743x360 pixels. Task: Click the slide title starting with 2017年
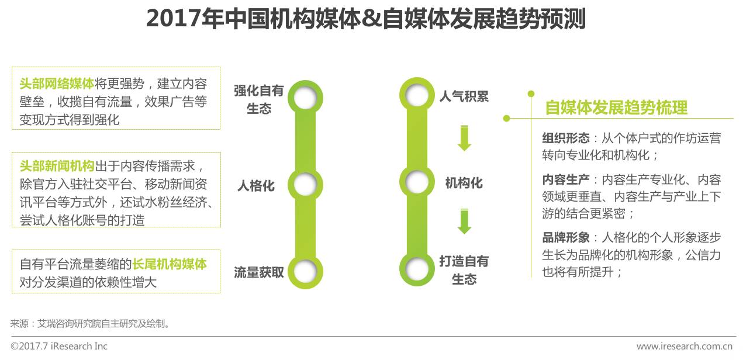point(365,19)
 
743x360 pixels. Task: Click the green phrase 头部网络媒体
point(56,84)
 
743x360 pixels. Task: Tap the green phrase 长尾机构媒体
point(170,264)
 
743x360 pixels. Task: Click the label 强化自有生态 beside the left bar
point(258,99)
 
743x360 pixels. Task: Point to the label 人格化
point(255,186)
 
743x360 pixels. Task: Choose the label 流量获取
point(258,272)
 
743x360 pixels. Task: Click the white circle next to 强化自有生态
point(305,98)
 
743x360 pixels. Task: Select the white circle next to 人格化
point(305,185)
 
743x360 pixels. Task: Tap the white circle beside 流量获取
point(305,271)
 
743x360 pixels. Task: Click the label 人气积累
point(464,96)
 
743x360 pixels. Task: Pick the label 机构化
point(464,183)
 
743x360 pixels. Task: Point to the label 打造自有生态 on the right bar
point(464,270)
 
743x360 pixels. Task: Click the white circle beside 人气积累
point(417,95)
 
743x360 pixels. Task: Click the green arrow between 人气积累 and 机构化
point(464,138)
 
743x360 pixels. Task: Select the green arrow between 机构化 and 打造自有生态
point(464,221)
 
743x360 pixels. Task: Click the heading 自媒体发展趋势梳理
point(616,108)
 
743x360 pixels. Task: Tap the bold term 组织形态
point(565,139)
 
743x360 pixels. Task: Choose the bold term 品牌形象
point(565,238)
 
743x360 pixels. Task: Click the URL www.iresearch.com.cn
point(685,346)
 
